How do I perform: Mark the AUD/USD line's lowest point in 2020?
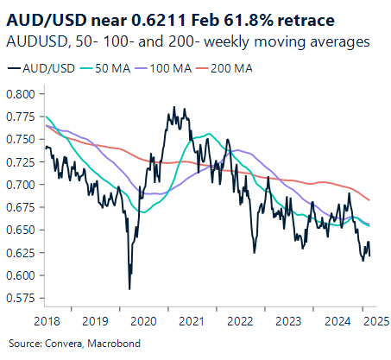(129, 289)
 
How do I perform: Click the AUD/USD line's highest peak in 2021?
(174, 108)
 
